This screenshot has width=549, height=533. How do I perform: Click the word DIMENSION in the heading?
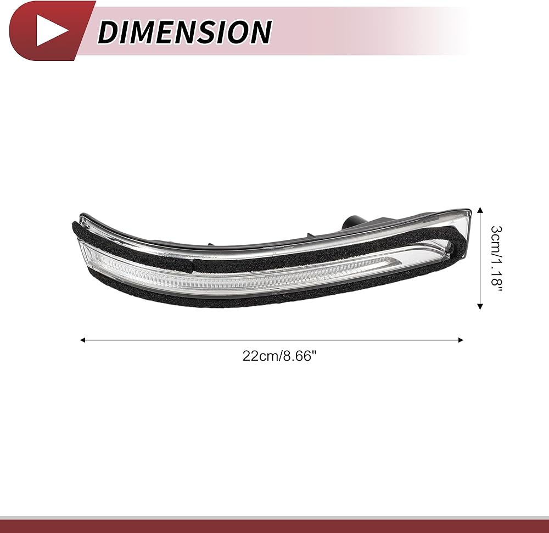click(184, 31)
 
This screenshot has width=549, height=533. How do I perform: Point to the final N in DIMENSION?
click(259, 31)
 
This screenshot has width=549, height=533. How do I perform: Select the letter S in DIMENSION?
click(204, 31)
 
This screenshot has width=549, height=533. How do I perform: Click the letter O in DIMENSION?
click(234, 31)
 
